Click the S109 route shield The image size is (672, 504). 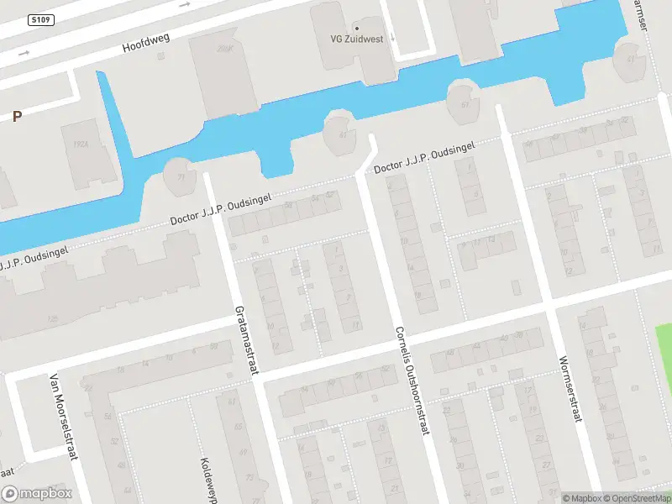point(39,19)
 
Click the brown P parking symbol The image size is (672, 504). point(17,117)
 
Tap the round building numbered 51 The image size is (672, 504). point(464,102)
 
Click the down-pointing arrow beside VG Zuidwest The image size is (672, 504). point(392,36)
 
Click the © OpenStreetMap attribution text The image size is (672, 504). point(636,498)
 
